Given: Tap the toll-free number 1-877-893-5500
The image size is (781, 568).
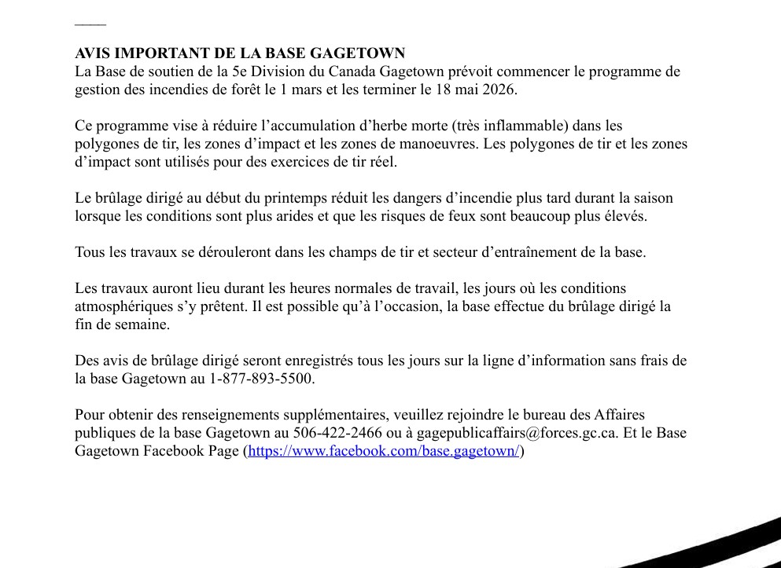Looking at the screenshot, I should [261, 379].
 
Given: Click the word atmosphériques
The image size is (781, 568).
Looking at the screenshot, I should [120, 306].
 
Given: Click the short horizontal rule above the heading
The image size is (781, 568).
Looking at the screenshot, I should [90, 25].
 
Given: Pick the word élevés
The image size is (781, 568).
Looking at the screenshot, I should [625, 216].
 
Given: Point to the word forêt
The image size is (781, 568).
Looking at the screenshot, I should [241, 90].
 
